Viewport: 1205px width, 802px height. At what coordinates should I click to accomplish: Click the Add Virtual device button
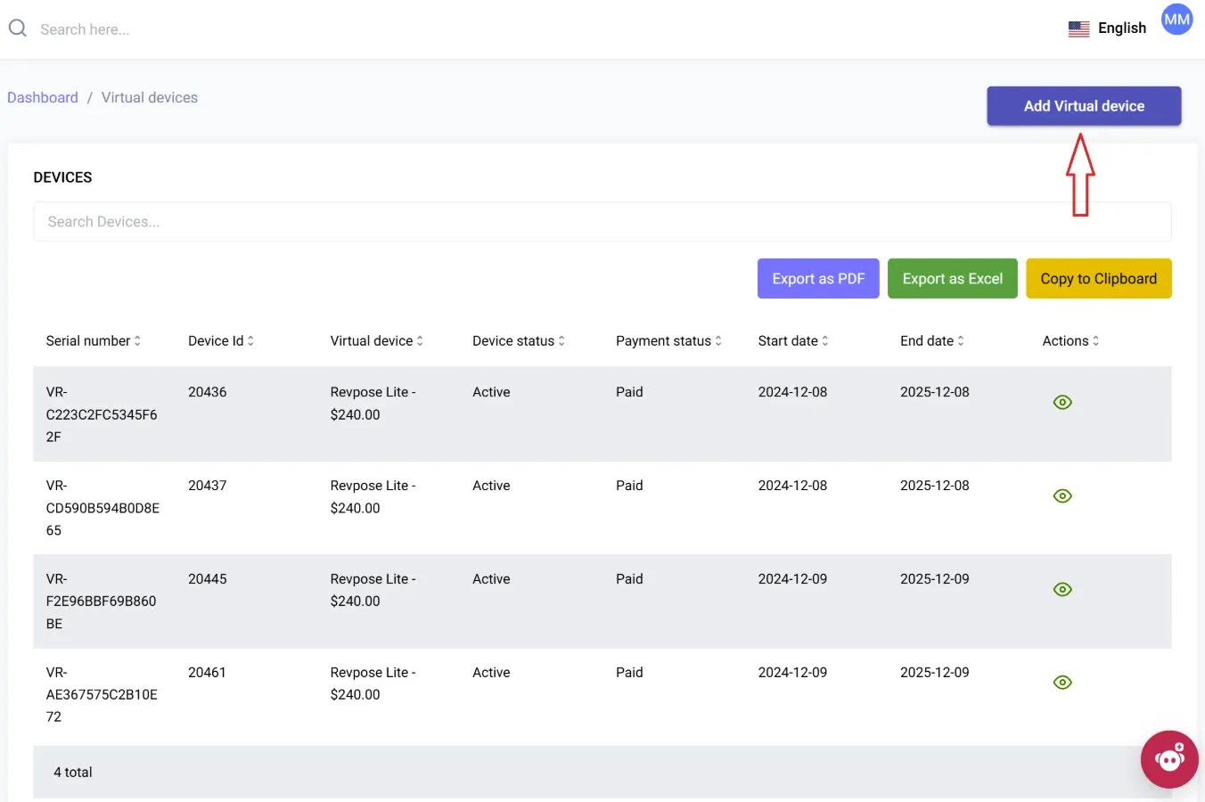[1084, 106]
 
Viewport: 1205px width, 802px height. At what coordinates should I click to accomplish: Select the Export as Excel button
[952, 279]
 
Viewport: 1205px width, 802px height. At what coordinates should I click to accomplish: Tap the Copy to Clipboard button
[1098, 279]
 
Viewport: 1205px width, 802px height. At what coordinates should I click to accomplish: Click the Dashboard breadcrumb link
[43, 97]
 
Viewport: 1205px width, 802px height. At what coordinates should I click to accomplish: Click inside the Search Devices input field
[602, 222]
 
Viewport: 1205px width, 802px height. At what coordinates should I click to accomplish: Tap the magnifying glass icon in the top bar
[18, 28]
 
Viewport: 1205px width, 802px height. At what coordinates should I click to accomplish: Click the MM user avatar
[1176, 20]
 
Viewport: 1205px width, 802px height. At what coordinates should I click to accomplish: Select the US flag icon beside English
[1078, 29]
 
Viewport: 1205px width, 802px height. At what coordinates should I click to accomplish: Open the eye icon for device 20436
[1062, 403]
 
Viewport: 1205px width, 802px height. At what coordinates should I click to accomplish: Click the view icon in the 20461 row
[1062, 683]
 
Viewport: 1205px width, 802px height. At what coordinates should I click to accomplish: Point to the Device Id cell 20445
[207, 578]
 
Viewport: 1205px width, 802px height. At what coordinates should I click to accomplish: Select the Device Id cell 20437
[207, 485]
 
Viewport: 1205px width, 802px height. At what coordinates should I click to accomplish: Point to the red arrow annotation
[1080, 175]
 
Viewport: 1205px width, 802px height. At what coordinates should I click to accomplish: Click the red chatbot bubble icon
[1169, 759]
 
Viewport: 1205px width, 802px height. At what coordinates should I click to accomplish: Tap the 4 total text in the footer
[72, 773]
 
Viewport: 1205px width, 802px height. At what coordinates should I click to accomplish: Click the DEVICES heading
[62, 177]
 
